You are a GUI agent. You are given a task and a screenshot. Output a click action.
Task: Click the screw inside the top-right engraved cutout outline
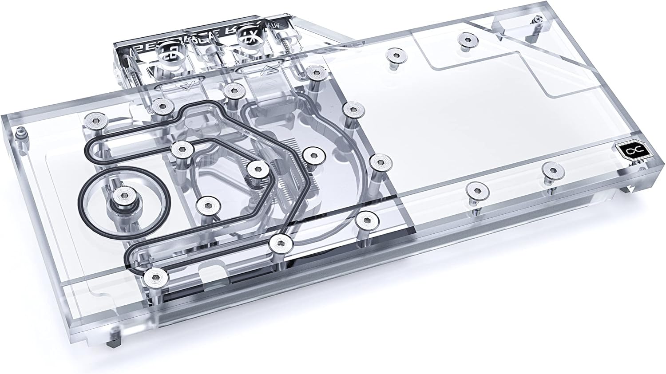[465, 40]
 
